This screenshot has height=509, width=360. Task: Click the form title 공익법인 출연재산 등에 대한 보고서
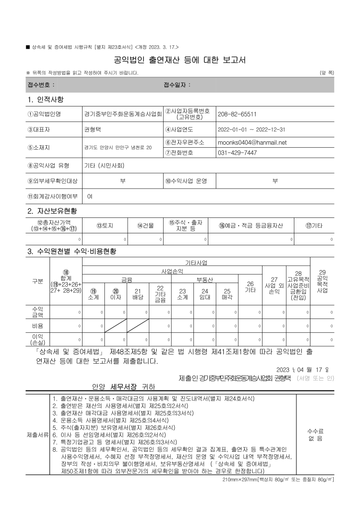click(x=180, y=61)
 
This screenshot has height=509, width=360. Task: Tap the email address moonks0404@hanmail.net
click(x=252, y=142)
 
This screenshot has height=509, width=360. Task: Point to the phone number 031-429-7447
click(x=237, y=152)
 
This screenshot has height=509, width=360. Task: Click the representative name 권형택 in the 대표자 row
click(x=92, y=129)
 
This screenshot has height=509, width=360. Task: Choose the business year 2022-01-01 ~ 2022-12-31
click(x=251, y=129)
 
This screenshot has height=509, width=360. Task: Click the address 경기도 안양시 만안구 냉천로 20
click(x=118, y=148)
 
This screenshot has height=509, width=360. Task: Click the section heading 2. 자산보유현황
click(x=52, y=211)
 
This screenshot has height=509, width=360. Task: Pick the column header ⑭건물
click(x=145, y=225)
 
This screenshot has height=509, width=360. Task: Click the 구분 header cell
click(x=37, y=281)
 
